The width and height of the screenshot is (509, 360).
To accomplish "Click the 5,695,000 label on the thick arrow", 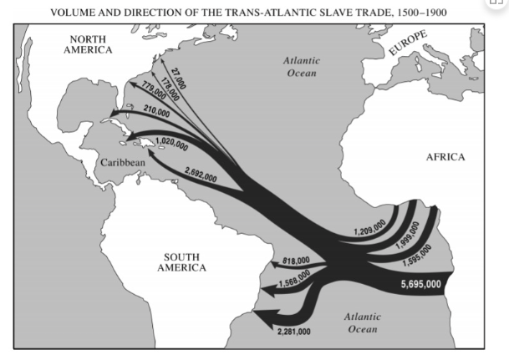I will (x=420, y=284).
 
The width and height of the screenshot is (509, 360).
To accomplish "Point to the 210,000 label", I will (x=156, y=110).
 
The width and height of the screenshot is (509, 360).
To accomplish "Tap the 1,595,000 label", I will (x=415, y=255).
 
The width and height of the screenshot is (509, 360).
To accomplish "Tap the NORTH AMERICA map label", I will (x=91, y=44).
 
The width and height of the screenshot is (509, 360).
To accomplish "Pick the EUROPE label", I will (x=407, y=43).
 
